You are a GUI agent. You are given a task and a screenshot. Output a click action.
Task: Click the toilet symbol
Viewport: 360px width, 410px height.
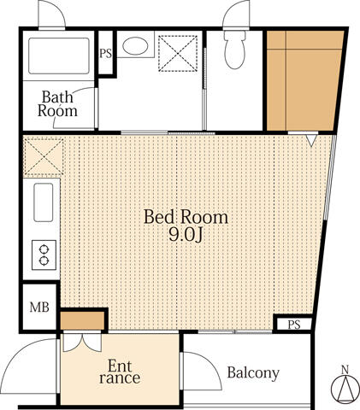234,50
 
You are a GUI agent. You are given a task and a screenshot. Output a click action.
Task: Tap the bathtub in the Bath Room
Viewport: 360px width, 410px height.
59,56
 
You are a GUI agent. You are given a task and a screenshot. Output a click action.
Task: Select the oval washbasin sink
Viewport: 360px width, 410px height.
135,45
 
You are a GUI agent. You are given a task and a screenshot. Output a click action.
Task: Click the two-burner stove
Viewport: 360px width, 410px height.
44,255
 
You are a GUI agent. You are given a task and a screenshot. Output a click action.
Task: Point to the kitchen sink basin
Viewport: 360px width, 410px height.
44,202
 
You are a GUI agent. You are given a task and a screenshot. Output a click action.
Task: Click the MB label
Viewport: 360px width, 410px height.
39,307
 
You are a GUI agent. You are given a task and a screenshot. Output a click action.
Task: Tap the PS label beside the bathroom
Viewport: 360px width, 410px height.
105,54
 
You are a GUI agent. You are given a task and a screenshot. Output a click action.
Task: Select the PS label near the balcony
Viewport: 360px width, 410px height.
294,325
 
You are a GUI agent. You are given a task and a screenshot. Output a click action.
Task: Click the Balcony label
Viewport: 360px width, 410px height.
253,372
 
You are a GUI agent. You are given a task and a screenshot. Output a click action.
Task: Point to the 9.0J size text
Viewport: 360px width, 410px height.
186,235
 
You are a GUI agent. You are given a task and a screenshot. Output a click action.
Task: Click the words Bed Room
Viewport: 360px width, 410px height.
186,217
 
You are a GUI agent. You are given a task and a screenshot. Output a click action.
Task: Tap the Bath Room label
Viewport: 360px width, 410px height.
57,104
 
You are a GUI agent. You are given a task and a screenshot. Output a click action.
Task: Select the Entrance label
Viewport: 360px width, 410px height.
120,372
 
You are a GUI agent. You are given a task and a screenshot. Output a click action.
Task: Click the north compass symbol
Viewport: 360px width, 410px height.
345,389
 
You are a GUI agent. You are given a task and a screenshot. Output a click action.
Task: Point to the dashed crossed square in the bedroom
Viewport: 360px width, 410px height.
44,156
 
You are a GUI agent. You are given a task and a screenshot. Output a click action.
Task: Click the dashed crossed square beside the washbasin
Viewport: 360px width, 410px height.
178,53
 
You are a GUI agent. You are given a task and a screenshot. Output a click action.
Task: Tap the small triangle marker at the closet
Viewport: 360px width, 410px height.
311,140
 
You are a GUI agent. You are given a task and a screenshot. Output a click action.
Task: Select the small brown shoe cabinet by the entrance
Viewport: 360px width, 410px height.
82,320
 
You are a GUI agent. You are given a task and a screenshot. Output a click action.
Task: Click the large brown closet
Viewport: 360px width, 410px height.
304,80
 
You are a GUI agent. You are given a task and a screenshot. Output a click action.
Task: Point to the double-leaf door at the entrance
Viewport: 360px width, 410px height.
82,342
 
